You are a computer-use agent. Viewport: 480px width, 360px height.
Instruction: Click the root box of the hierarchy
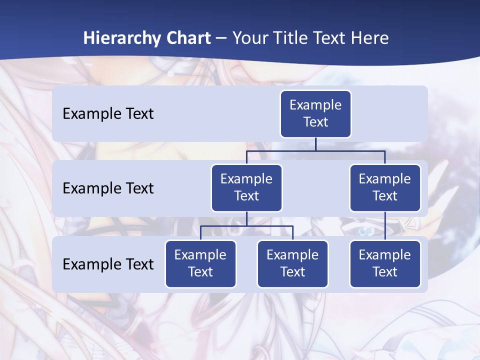point(315,114)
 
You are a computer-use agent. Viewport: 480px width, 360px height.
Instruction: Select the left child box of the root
point(246,188)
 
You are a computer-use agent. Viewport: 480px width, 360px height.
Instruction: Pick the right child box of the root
point(385,188)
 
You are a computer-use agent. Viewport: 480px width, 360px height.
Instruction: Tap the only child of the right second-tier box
point(385,264)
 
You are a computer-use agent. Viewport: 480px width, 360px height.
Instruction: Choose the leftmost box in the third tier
point(200,264)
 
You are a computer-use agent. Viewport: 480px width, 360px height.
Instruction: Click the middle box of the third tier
point(292,264)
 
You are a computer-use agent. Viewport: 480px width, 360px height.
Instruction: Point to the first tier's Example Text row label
point(108,114)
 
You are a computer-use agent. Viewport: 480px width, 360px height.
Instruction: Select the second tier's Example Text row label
point(108,188)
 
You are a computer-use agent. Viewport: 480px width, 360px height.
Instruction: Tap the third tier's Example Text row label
point(108,264)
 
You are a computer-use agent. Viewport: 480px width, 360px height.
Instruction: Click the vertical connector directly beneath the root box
point(315,144)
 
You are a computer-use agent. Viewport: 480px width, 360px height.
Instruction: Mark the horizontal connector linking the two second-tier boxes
point(315,150)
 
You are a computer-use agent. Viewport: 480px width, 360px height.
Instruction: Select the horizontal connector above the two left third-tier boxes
point(246,226)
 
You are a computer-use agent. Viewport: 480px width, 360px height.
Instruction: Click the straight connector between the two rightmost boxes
point(385,226)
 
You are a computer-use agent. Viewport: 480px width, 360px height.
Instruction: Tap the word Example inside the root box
point(315,105)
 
